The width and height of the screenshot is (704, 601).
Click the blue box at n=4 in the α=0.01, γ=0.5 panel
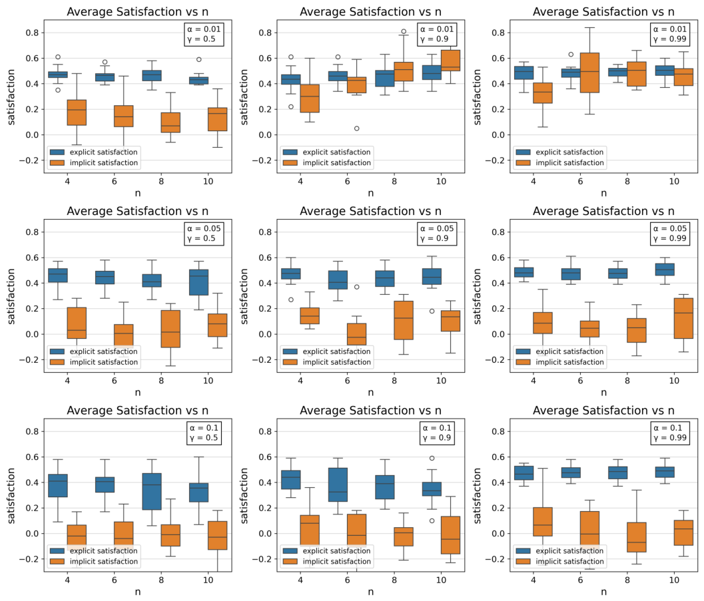58,75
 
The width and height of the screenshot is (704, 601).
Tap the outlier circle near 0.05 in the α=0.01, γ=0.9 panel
357,128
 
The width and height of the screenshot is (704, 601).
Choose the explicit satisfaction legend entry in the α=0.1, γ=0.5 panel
94,551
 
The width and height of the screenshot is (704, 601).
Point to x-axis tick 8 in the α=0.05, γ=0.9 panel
394,381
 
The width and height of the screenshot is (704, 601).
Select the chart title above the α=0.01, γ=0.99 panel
603,12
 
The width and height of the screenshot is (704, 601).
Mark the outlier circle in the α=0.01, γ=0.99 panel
571,55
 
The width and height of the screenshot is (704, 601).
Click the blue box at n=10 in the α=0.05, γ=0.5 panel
199,283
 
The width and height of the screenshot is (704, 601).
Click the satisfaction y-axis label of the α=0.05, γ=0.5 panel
11,296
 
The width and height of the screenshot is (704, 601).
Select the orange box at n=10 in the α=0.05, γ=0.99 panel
684,318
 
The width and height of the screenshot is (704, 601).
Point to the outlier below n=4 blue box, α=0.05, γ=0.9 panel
291,300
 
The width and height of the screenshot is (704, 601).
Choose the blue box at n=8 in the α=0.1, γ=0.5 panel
152,492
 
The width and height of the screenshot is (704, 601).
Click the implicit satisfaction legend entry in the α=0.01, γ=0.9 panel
327,163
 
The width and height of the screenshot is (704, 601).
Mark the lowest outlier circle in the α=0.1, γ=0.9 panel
432,520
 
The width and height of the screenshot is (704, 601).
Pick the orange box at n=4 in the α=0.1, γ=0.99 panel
543,522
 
